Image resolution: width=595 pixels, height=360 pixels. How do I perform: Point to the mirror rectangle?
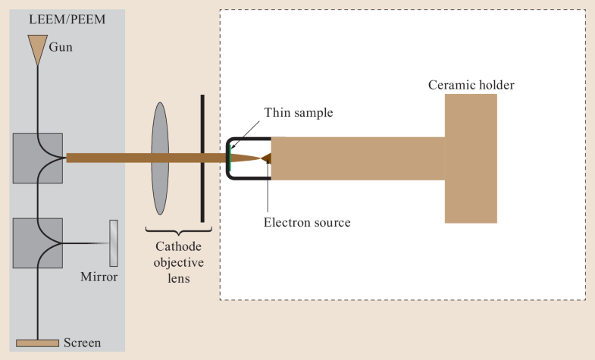[114, 243]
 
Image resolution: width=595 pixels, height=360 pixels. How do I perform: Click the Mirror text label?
[99, 277]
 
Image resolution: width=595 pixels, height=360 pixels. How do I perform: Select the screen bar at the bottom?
[37, 343]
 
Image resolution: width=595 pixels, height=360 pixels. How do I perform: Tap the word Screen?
[83, 343]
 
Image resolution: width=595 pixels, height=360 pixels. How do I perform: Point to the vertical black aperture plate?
[202, 158]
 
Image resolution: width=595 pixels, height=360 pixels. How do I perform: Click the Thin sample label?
[298, 113]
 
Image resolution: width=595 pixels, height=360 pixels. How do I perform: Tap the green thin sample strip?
[230, 158]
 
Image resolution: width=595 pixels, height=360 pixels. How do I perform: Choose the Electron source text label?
[307, 222]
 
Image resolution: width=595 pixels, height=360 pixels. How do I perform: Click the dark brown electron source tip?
[265, 158]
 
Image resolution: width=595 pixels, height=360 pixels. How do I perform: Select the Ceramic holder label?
[470, 85]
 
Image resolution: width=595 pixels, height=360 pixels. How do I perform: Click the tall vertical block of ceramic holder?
[471, 158]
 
